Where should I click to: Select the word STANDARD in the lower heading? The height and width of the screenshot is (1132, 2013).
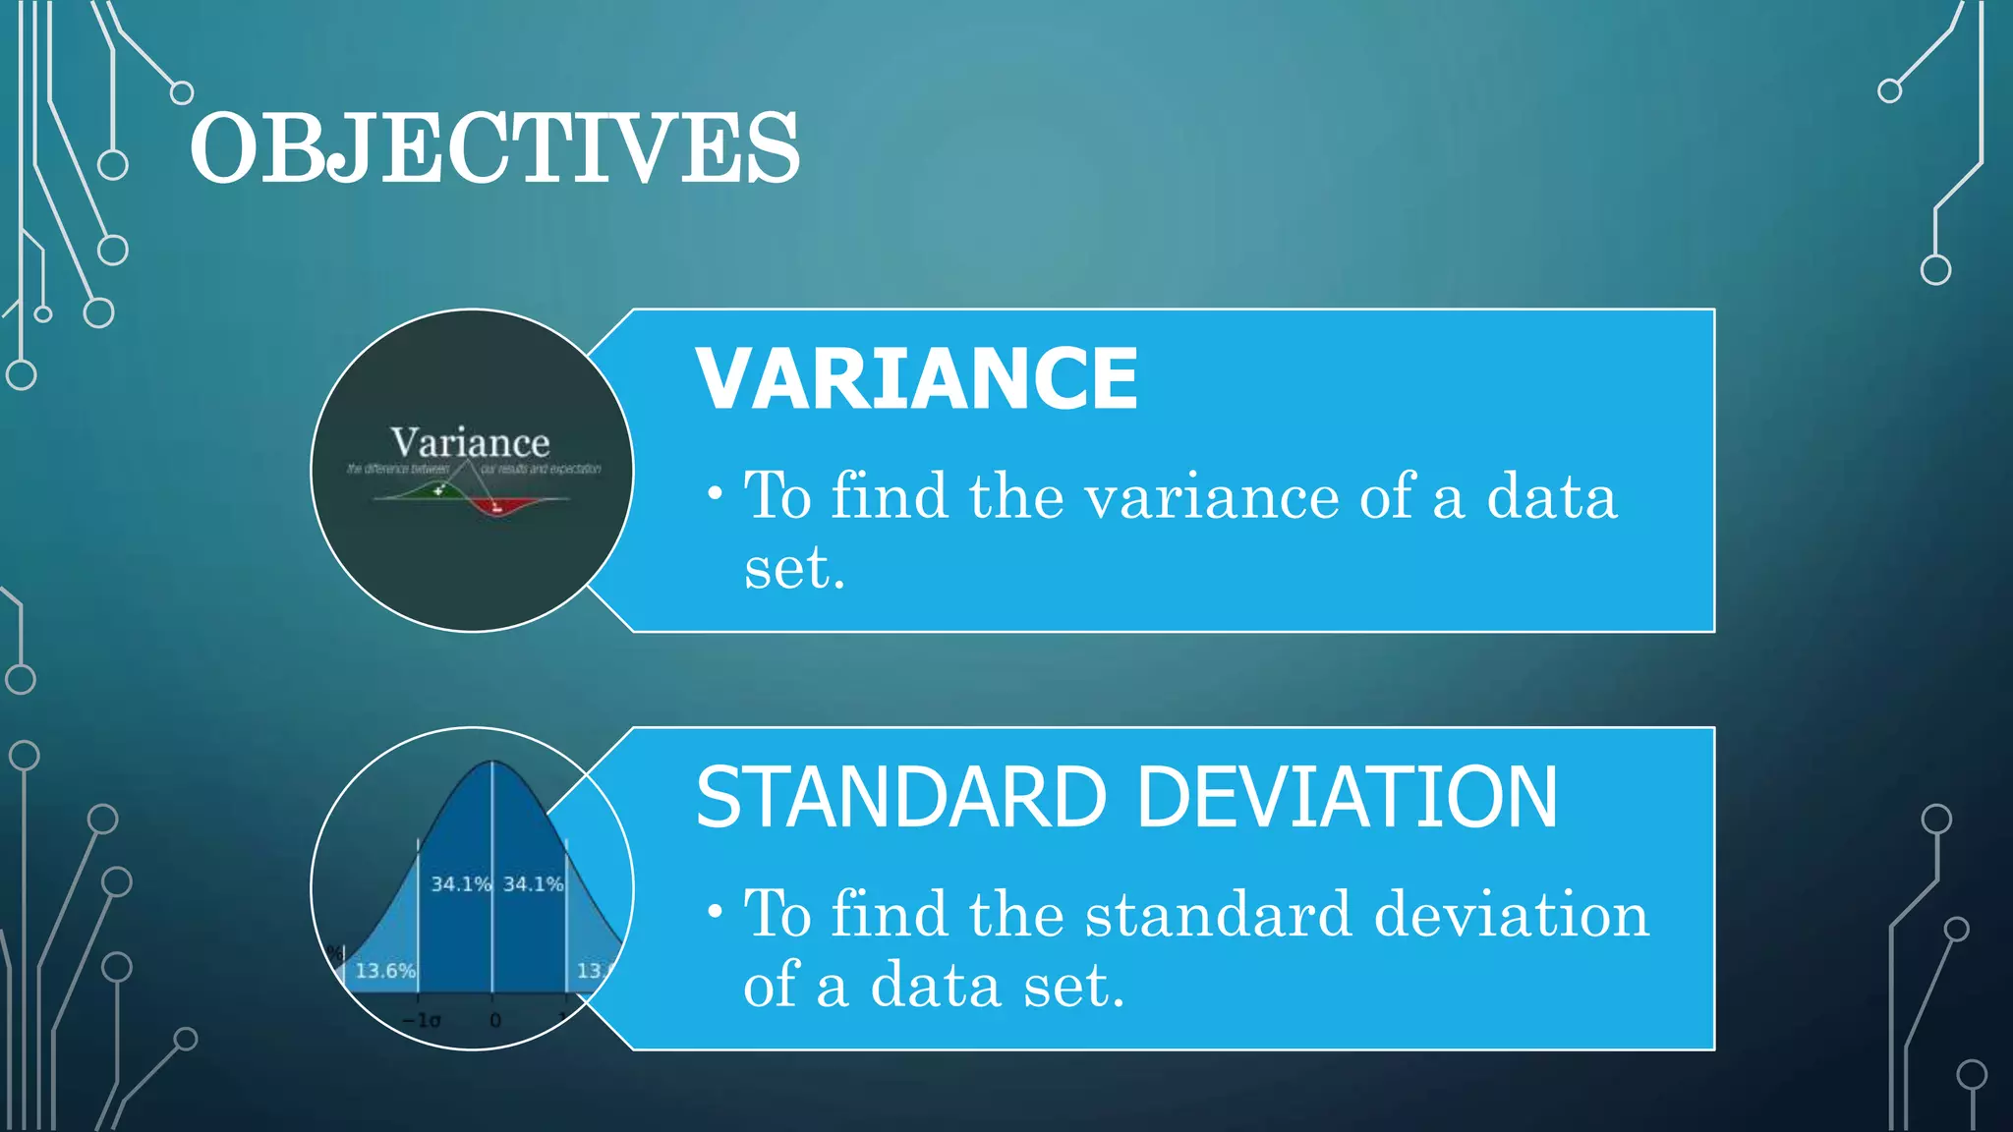pos(900,797)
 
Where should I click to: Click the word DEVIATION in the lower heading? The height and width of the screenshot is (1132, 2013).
pos(1347,797)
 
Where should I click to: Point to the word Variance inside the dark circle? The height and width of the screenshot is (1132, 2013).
pos(470,442)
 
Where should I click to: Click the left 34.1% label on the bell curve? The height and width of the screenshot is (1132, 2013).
pos(460,884)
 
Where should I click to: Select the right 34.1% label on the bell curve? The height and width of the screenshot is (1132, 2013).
pos(533,884)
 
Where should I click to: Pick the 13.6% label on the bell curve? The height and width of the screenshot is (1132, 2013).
pos(385,971)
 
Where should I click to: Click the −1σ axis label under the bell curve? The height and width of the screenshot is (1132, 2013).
pos(422,1020)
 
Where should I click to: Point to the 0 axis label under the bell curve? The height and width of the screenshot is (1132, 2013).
pos(495,1020)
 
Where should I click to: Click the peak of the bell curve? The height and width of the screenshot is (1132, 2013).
pos(492,764)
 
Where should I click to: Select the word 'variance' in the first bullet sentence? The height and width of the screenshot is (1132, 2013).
pos(1211,496)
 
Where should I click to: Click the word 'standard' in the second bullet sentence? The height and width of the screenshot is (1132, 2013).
pos(1218,915)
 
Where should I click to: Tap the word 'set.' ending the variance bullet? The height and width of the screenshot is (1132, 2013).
pos(794,568)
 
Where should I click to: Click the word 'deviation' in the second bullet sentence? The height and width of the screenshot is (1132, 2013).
pos(1511,915)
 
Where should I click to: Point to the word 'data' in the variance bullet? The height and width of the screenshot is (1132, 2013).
pos(1550,496)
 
